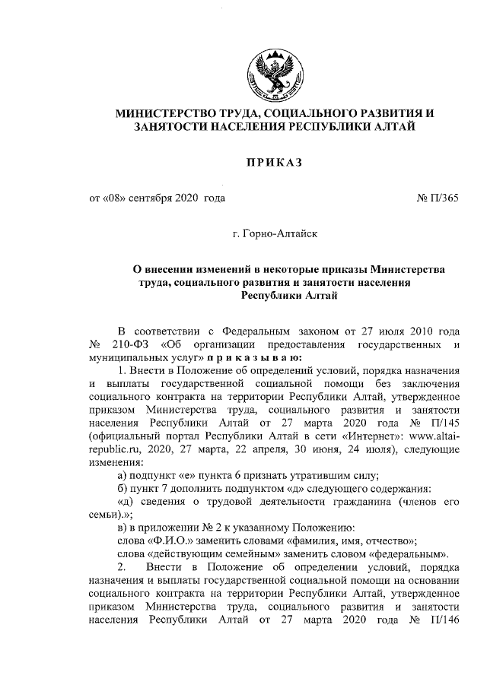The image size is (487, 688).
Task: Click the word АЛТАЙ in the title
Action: tap(393, 128)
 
